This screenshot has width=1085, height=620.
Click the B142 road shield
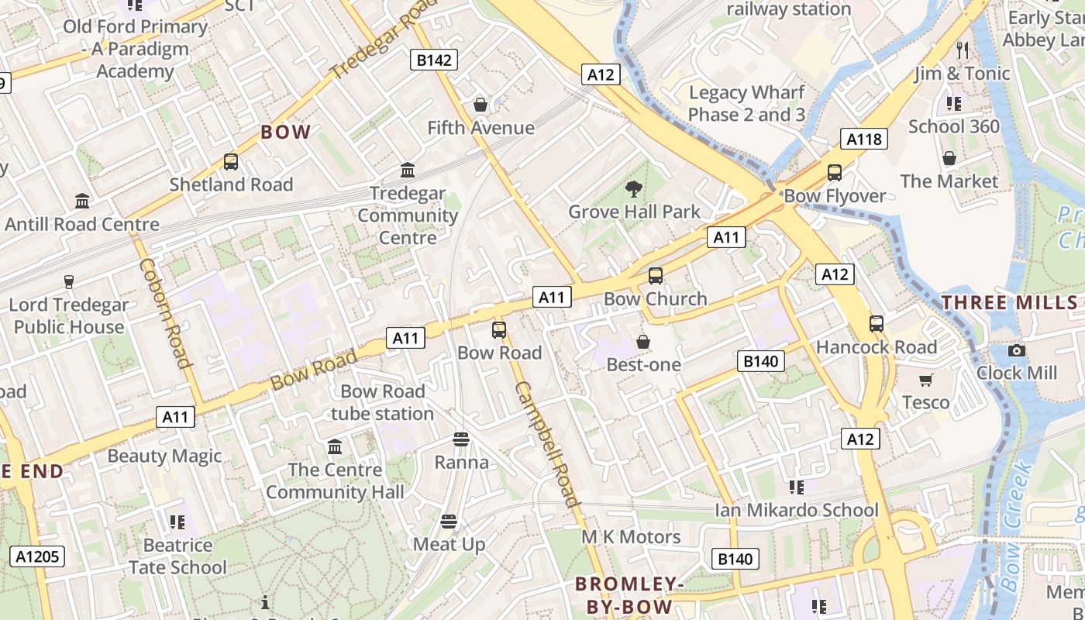click(434, 60)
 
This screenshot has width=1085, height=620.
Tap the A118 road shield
click(863, 139)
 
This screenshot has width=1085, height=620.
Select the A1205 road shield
click(37, 556)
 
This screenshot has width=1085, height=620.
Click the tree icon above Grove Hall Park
click(634, 188)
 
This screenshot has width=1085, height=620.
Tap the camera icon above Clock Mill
click(1017, 350)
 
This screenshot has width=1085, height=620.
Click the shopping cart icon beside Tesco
click(925, 380)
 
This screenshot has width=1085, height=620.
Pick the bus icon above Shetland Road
click(231, 162)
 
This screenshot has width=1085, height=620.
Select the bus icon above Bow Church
click(656, 276)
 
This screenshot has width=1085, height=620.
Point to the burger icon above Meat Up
click(449, 522)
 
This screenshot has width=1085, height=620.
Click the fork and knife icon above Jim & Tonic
click(963, 50)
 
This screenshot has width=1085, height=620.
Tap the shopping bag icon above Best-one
click(643, 342)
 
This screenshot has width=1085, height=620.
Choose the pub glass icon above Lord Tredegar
click(68, 281)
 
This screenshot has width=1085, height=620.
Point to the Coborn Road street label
click(165, 313)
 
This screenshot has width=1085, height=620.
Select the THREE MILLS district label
click(1009, 303)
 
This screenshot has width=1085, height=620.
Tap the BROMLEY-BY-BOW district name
click(629, 594)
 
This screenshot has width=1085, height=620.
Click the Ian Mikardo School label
click(797, 510)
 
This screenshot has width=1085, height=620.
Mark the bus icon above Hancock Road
click(877, 324)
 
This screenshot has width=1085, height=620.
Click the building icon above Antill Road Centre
click(82, 201)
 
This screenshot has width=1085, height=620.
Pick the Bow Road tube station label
click(383, 402)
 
